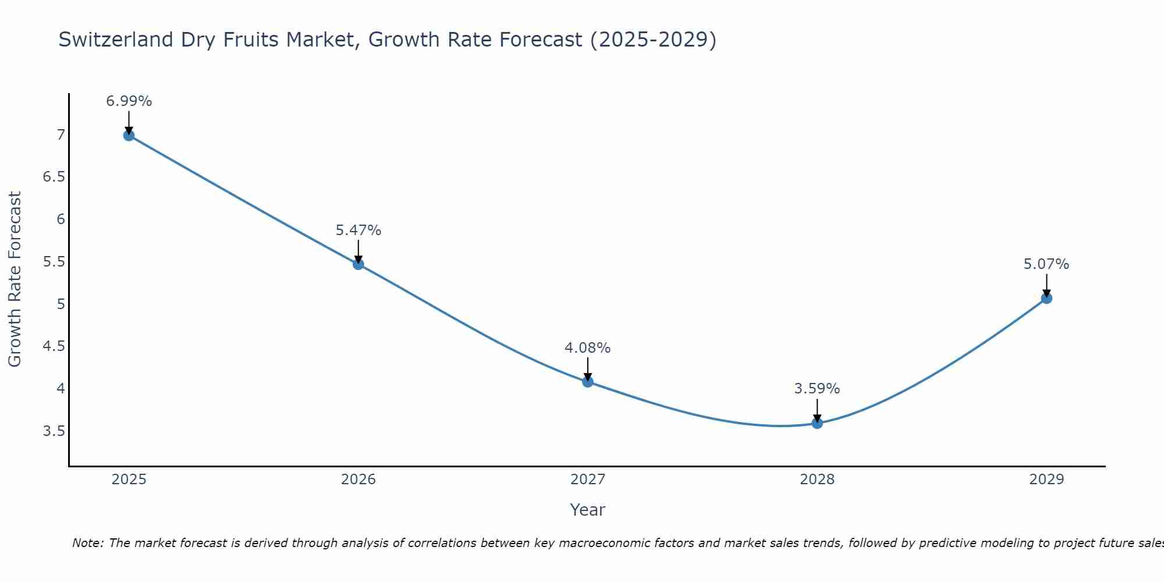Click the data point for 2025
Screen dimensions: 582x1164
[129, 136]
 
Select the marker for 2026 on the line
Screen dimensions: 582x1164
[359, 264]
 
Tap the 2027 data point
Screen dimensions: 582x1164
[588, 382]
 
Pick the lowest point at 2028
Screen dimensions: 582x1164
[817, 423]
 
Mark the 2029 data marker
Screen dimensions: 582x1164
[1046, 299]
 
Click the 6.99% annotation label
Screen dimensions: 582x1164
[129, 101]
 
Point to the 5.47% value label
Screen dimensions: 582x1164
[359, 230]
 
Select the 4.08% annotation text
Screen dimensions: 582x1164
[588, 348]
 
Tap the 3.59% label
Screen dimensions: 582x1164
[817, 389]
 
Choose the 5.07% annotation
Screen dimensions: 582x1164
[1046, 264]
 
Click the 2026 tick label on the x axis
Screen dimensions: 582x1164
[359, 480]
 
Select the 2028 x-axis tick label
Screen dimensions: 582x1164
[817, 480]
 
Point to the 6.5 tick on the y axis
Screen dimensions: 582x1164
[54, 177]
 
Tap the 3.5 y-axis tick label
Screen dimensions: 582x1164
[54, 431]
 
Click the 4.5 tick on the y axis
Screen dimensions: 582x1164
[54, 347]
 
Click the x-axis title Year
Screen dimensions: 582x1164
[588, 510]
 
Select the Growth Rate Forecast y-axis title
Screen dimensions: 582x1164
[15, 279]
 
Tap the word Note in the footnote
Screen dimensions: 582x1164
[87, 543]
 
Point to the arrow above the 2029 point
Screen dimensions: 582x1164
[1046, 285]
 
